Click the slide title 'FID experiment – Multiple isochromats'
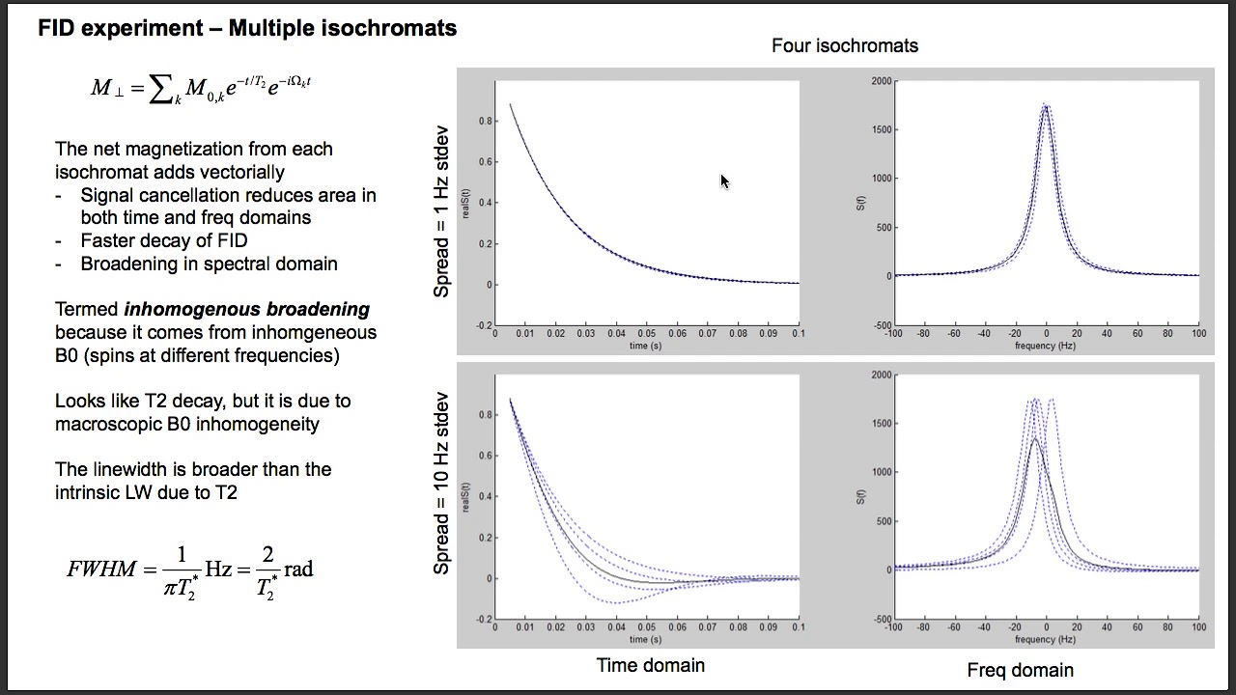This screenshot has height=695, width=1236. coord(247,28)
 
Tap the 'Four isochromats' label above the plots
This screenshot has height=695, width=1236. coord(845,45)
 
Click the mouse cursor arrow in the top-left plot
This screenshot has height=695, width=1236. coord(724,181)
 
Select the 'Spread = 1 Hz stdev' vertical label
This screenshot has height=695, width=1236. coord(441,211)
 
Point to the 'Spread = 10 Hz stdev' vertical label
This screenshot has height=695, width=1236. coord(441,483)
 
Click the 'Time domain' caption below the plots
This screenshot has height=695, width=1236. coord(651,665)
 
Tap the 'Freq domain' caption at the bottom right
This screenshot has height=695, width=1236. coord(1020,670)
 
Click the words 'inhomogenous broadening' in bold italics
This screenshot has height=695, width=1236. coord(247,310)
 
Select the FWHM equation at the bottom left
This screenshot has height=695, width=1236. coord(190,570)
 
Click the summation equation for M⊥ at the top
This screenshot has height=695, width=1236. coord(201,88)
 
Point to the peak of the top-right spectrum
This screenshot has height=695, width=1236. coord(1046,105)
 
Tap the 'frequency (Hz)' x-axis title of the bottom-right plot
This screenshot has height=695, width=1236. coord(1045,639)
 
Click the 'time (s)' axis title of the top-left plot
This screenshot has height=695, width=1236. coord(645,345)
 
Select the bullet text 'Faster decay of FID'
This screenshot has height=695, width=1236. coord(164,240)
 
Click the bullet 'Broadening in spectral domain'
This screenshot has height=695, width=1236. coord(209,264)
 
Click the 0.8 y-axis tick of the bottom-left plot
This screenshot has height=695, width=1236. coord(485,415)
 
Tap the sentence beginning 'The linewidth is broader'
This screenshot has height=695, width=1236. coord(193,481)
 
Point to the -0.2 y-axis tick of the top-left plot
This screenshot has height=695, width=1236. coord(483,325)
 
